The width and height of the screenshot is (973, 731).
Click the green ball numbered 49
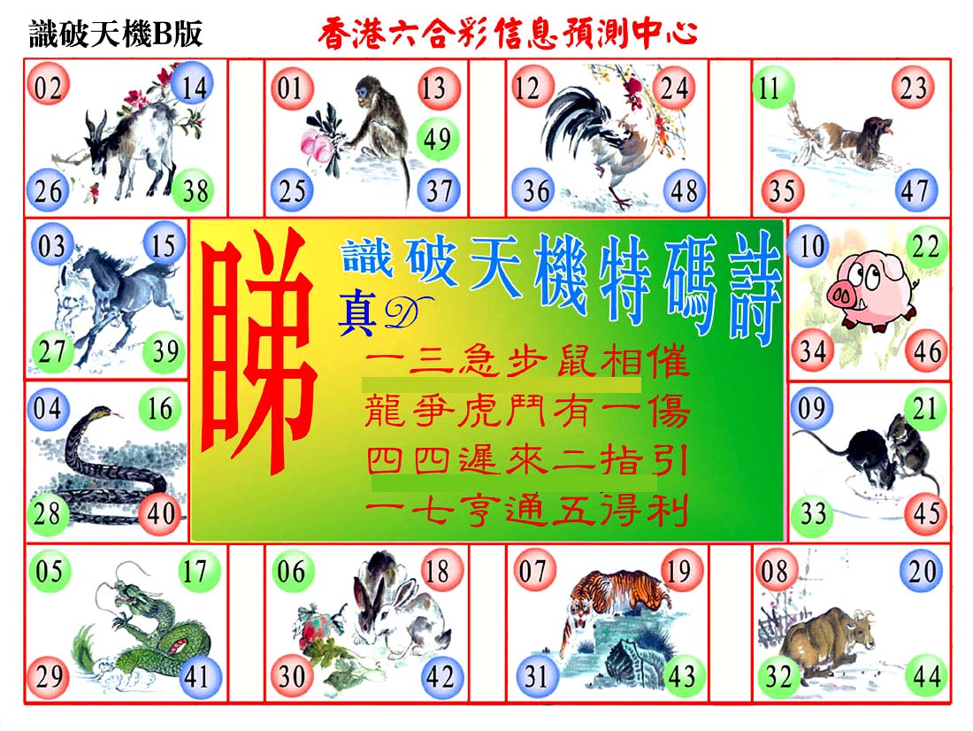437,138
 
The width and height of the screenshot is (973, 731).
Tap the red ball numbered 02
48,87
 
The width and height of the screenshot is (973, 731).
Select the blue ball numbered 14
193,87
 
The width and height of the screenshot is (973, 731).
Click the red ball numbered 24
674,88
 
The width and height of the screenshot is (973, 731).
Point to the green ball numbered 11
772,88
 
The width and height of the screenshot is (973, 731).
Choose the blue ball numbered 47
915,190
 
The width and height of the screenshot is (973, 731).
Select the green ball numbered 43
681,676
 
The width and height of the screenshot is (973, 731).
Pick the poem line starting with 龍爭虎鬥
527,412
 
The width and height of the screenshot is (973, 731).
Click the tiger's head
580,614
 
